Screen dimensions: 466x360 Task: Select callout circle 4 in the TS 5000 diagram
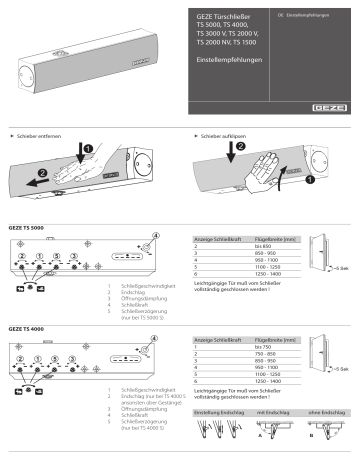[154, 238]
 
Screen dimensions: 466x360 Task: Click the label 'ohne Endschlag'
[324, 411]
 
